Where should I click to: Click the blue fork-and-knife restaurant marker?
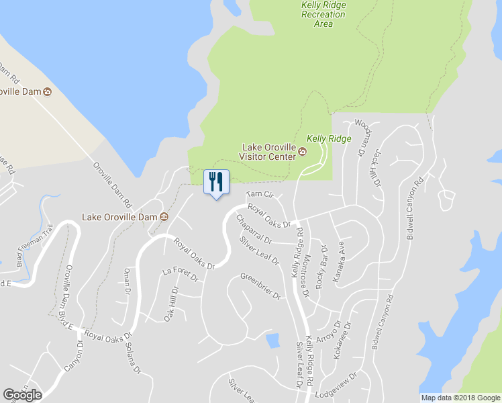click(215, 183)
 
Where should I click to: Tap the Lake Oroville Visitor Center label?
click(268, 152)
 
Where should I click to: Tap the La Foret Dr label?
click(181, 274)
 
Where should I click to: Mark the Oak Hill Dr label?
click(172, 304)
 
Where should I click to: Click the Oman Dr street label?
click(127, 281)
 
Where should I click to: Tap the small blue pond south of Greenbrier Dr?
click(272, 341)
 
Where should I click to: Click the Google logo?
click(22, 395)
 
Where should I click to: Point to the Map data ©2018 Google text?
click(460, 398)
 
